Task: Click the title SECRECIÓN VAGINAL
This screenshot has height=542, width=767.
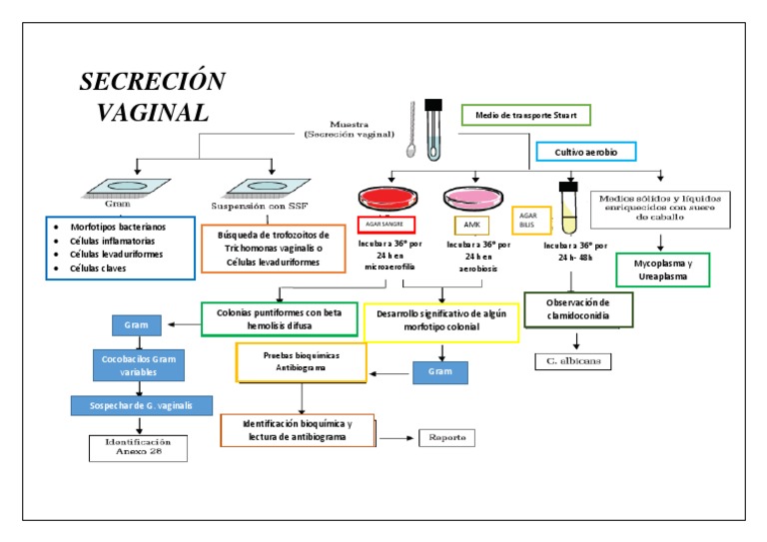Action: click(152, 96)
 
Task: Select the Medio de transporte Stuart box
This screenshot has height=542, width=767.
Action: click(525, 115)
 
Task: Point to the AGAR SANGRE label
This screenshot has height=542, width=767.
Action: click(385, 225)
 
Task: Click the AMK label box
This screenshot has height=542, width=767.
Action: click(470, 226)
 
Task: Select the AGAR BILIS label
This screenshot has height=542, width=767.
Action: click(528, 219)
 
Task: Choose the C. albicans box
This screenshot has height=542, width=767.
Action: click(572, 361)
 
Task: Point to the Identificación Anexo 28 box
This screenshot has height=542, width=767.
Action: click(139, 448)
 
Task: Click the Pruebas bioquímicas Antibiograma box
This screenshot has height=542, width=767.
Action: click(301, 361)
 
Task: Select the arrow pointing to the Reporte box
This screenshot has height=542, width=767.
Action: click(395, 438)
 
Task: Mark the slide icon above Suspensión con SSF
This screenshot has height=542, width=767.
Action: click(264, 187)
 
